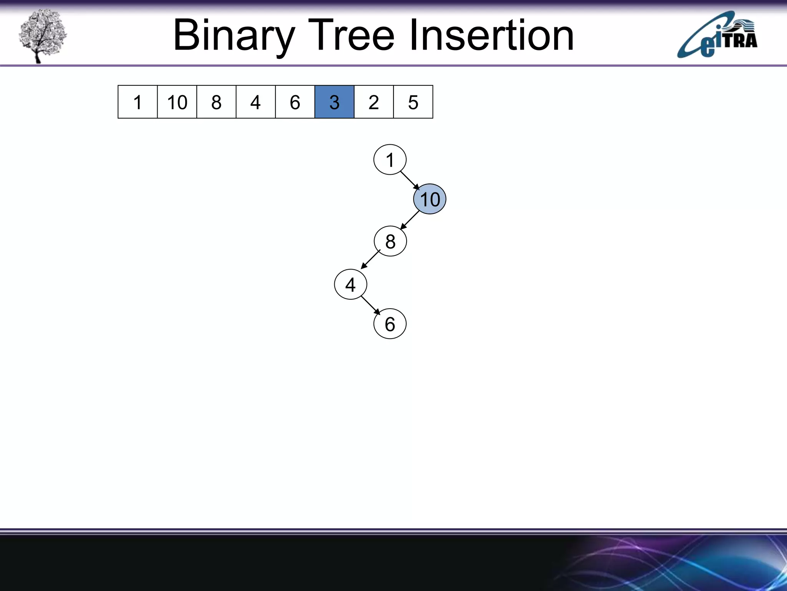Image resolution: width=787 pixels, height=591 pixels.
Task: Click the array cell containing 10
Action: [x=177, y=102]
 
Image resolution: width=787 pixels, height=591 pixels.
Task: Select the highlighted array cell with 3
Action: [x=334, y=102]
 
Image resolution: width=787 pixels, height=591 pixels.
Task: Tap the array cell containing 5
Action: [x=413, y=102]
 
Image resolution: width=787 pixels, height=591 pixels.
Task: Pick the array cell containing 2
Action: [x=374, y=102]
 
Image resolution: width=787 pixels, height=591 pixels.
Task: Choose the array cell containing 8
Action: [x=216, y=102]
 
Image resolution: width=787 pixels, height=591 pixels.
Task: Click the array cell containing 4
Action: [x=256, y=102]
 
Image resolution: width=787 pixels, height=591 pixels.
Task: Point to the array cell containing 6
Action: [x=295, y=102]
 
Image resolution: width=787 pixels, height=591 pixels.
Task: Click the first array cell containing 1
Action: [x=138, y=102]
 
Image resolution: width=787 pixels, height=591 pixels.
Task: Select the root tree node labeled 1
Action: [x=390, y=160]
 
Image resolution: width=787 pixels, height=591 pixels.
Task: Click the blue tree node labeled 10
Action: [x=430, y=199]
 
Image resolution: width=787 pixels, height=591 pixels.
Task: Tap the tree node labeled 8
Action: [x=390, y=241]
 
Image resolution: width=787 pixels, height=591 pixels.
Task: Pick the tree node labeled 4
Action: [x=350, y=284]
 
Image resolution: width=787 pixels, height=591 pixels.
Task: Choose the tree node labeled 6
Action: [x=390, y=324]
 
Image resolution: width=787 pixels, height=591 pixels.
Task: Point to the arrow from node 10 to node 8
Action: [x=410, y=220]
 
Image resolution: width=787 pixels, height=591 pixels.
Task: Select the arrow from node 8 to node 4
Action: [x=370, y=259]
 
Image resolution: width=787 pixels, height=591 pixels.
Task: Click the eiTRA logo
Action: [x=717, y=35]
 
